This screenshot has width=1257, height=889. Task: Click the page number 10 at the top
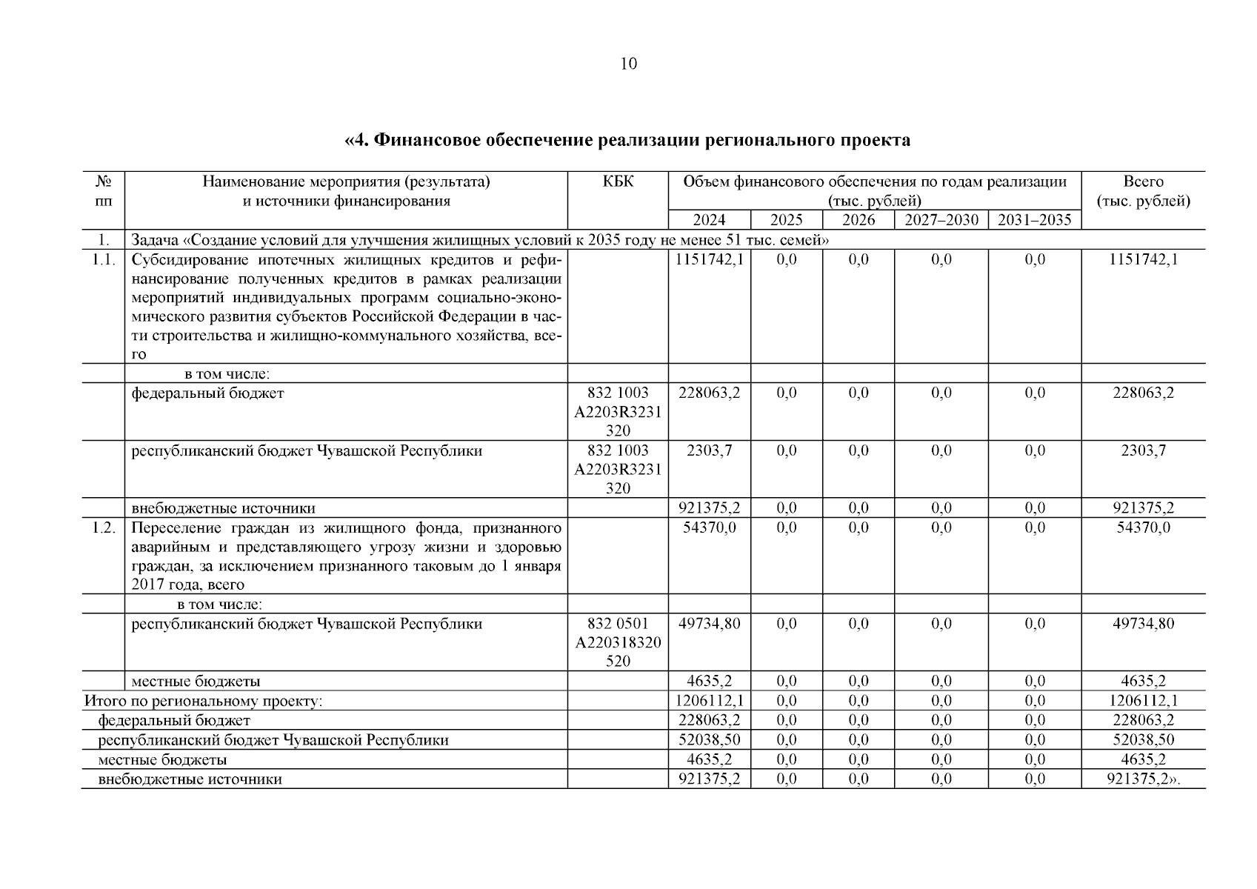(x=627, y=64)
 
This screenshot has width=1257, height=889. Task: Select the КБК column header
(x=618, y=182)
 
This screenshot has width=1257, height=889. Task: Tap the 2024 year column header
(x=709, y=220)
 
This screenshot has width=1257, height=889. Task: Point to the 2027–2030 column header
(x=941, y=220)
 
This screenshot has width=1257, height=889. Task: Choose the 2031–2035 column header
(x=1034, y=220)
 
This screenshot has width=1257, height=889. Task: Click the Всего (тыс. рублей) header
(x=1143, y=191)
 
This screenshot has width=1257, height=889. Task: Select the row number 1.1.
(x=103, y=259)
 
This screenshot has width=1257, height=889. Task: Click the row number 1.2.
(x=103, y=527)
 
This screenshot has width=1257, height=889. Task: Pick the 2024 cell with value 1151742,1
(x=709, y=259)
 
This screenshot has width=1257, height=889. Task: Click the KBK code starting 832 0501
(x=618, y=642)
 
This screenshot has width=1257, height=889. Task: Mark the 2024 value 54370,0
(x=709, y=527)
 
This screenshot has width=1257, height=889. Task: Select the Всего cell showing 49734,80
(x=1143, y=624)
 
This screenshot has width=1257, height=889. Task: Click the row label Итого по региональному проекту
(x=203, y=701)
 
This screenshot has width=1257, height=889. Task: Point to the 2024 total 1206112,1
(x=709, y=701)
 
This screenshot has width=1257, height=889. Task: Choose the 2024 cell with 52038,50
(x=709, y=739)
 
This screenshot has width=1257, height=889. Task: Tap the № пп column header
(x=103, y=191)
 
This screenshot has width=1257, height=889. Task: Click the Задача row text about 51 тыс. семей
(x=479, y=240)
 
